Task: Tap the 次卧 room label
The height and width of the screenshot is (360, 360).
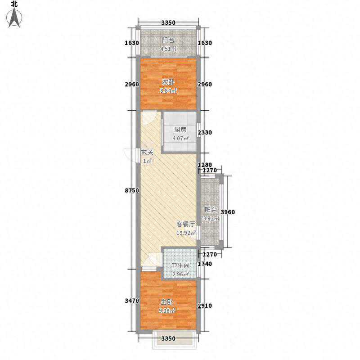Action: pos(168,82)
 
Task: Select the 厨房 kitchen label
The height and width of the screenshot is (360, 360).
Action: pos(180,130)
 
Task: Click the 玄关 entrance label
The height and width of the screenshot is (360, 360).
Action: pos(147,152)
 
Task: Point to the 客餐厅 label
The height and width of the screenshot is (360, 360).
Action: pos(186,224)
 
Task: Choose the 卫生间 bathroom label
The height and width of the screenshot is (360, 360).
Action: pos(180,265)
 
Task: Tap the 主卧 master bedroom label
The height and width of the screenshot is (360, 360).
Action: pos(166,302)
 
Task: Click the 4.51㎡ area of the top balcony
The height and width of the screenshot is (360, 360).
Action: pos(168,49)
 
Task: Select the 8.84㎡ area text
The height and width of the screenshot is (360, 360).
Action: pos(168,91)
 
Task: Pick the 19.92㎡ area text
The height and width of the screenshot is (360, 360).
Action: pos(186,233)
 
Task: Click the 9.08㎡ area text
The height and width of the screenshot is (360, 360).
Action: pos(167,311)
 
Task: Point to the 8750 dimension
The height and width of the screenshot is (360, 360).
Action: pos(132,190)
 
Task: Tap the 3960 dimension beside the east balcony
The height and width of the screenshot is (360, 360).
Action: pos(228,212)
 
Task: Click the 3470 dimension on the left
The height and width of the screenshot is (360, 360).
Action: pos(132,301)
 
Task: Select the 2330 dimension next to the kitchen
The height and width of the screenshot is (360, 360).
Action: pos(205,132)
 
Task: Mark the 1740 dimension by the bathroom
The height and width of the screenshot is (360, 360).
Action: pos(205,264)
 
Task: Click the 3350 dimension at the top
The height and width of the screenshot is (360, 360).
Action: pos(168,22)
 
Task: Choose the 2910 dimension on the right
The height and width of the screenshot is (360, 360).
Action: pos(205,306)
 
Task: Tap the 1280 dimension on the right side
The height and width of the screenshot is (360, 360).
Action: pos(205,165)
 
